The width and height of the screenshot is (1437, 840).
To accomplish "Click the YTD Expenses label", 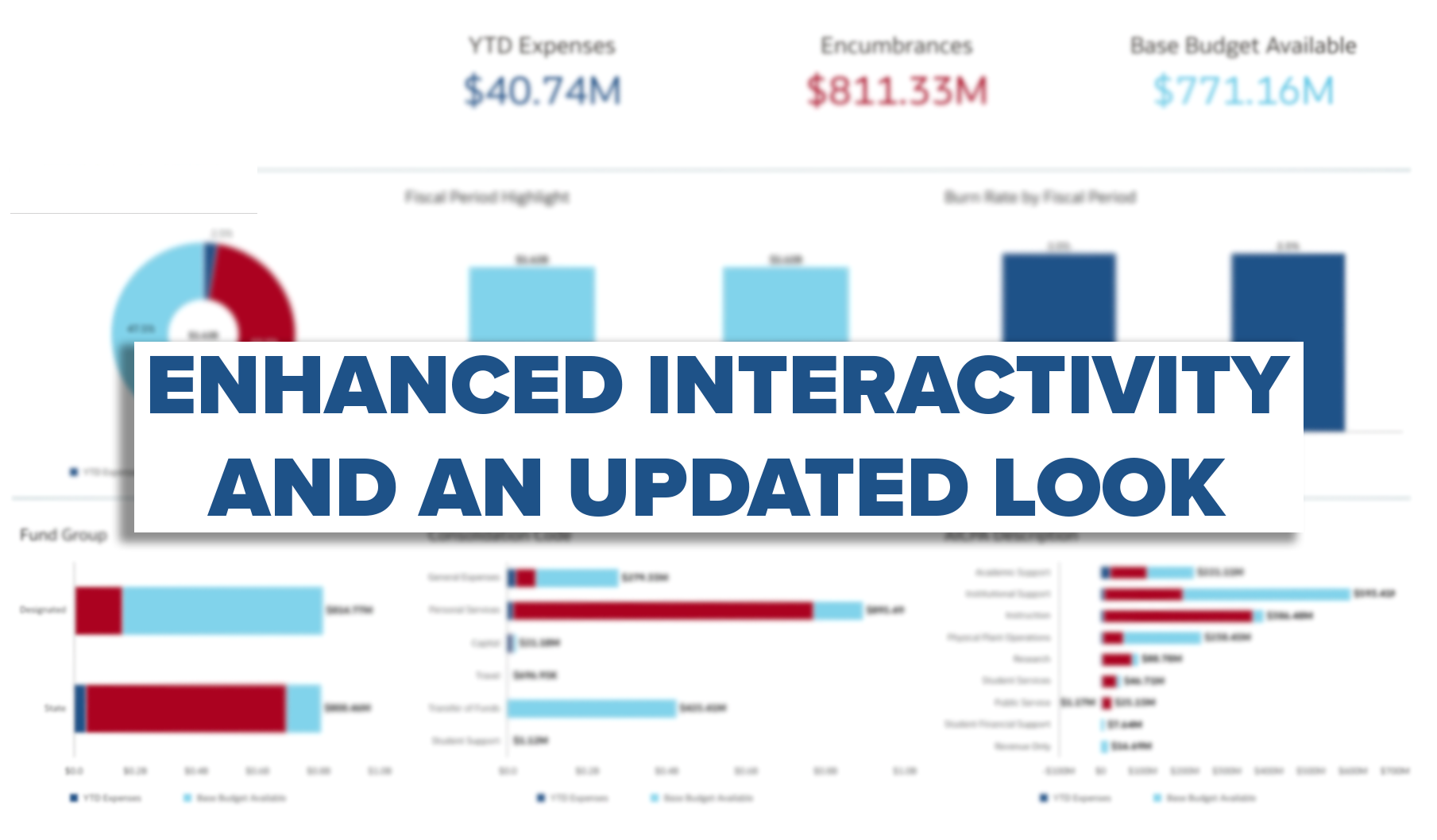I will pos(542,46).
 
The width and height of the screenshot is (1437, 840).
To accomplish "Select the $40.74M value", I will pos(543,91).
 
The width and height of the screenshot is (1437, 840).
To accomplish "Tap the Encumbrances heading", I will pos(896,46).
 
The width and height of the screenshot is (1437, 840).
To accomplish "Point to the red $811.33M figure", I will pos(897,91).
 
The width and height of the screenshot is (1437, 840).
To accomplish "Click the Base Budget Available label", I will pos(1243,46).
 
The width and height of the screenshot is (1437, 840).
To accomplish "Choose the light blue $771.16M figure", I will pos(1243,91).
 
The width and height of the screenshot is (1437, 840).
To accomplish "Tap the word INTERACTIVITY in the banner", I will pos(968,385).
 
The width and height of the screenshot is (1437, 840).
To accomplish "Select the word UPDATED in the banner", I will pos(767,486).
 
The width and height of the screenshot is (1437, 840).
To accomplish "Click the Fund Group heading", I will pos(64,535).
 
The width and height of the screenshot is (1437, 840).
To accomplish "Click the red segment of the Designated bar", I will pos(99,610).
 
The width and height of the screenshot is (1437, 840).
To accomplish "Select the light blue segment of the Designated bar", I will pos(222,610).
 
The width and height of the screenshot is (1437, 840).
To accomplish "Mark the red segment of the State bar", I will pos(186,708).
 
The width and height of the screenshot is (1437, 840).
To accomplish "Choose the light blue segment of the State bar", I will pos(303,708).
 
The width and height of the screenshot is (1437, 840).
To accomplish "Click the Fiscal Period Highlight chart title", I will pos(487,197).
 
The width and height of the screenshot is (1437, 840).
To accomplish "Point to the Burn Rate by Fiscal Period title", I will pos(1040,197).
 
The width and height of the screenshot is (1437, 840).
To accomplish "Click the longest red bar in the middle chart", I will pos(663,610).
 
